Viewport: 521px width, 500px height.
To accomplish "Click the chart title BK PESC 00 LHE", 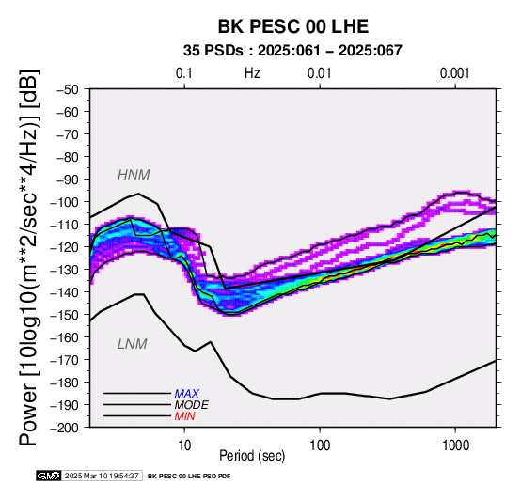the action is click(293, 26).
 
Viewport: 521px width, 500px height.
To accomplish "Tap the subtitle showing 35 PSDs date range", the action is click(292, 51).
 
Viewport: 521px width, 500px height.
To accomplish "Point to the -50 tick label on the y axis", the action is click(68, 89).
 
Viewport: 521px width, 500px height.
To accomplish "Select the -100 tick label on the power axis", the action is click(65, 202).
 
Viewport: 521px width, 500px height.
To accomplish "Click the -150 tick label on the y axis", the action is click(65, 315).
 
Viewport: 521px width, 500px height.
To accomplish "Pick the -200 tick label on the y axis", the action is click(65, 428).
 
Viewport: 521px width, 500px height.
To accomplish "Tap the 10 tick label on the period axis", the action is click(184, 445).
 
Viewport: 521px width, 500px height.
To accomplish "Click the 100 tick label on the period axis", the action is click(320, 445).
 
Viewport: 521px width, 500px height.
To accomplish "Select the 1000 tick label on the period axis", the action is click(455, 445).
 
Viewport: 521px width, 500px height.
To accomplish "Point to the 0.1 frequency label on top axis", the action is click(184, 73).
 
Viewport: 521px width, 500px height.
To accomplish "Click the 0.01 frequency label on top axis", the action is click(320, 73).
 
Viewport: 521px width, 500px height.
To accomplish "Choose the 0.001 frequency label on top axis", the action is click(455, 73).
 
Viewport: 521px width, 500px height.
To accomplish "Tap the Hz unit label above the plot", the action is click(252, 73).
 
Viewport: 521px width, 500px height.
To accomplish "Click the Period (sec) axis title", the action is click(252, 456).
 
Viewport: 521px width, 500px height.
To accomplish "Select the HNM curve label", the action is click(134, 175).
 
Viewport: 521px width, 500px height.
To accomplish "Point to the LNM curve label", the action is click(133, 344).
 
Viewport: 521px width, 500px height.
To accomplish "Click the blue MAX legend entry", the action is click(187, 394).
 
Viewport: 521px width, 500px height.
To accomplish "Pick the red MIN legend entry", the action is click(184, 416).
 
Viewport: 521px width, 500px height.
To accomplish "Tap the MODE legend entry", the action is click(192, 405).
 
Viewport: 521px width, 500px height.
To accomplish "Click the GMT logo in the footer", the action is click(49, 476).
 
